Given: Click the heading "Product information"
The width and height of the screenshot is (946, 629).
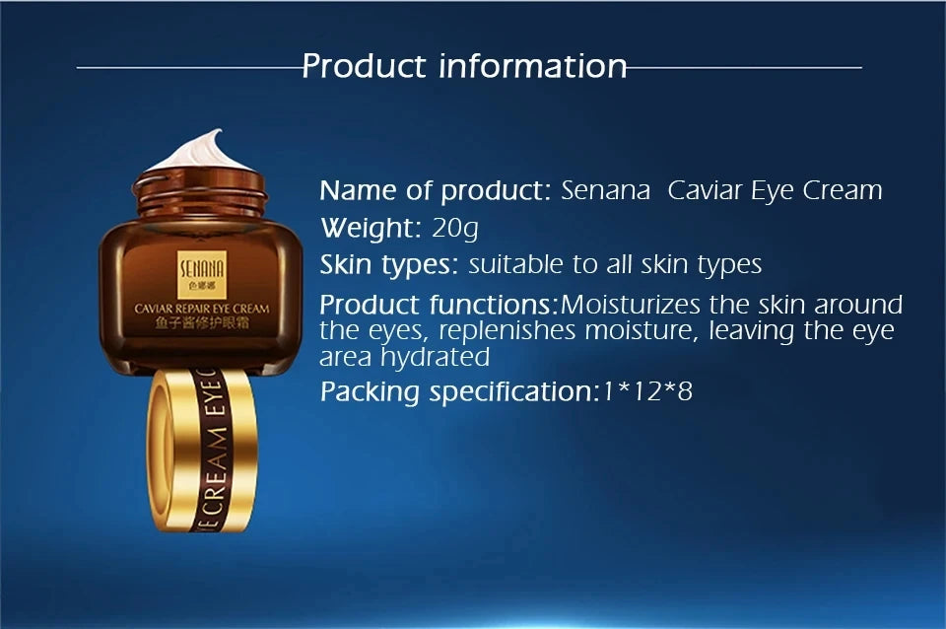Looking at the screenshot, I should pos(464,66).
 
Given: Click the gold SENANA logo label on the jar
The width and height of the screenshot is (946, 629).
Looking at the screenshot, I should pos(200,269).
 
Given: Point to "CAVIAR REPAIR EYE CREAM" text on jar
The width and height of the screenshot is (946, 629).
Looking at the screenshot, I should pos(201,309).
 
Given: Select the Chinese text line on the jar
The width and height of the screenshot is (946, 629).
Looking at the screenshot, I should pos(201,323).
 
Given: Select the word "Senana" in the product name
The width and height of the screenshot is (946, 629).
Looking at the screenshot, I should pos(605,190).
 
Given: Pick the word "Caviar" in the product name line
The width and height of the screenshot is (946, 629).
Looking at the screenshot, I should pos(705,190).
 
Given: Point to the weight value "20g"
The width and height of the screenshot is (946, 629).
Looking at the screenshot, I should pos(455,229).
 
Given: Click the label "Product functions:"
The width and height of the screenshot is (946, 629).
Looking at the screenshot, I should pos(439,304).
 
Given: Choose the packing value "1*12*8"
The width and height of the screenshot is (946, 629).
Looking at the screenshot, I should pos(647,391).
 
